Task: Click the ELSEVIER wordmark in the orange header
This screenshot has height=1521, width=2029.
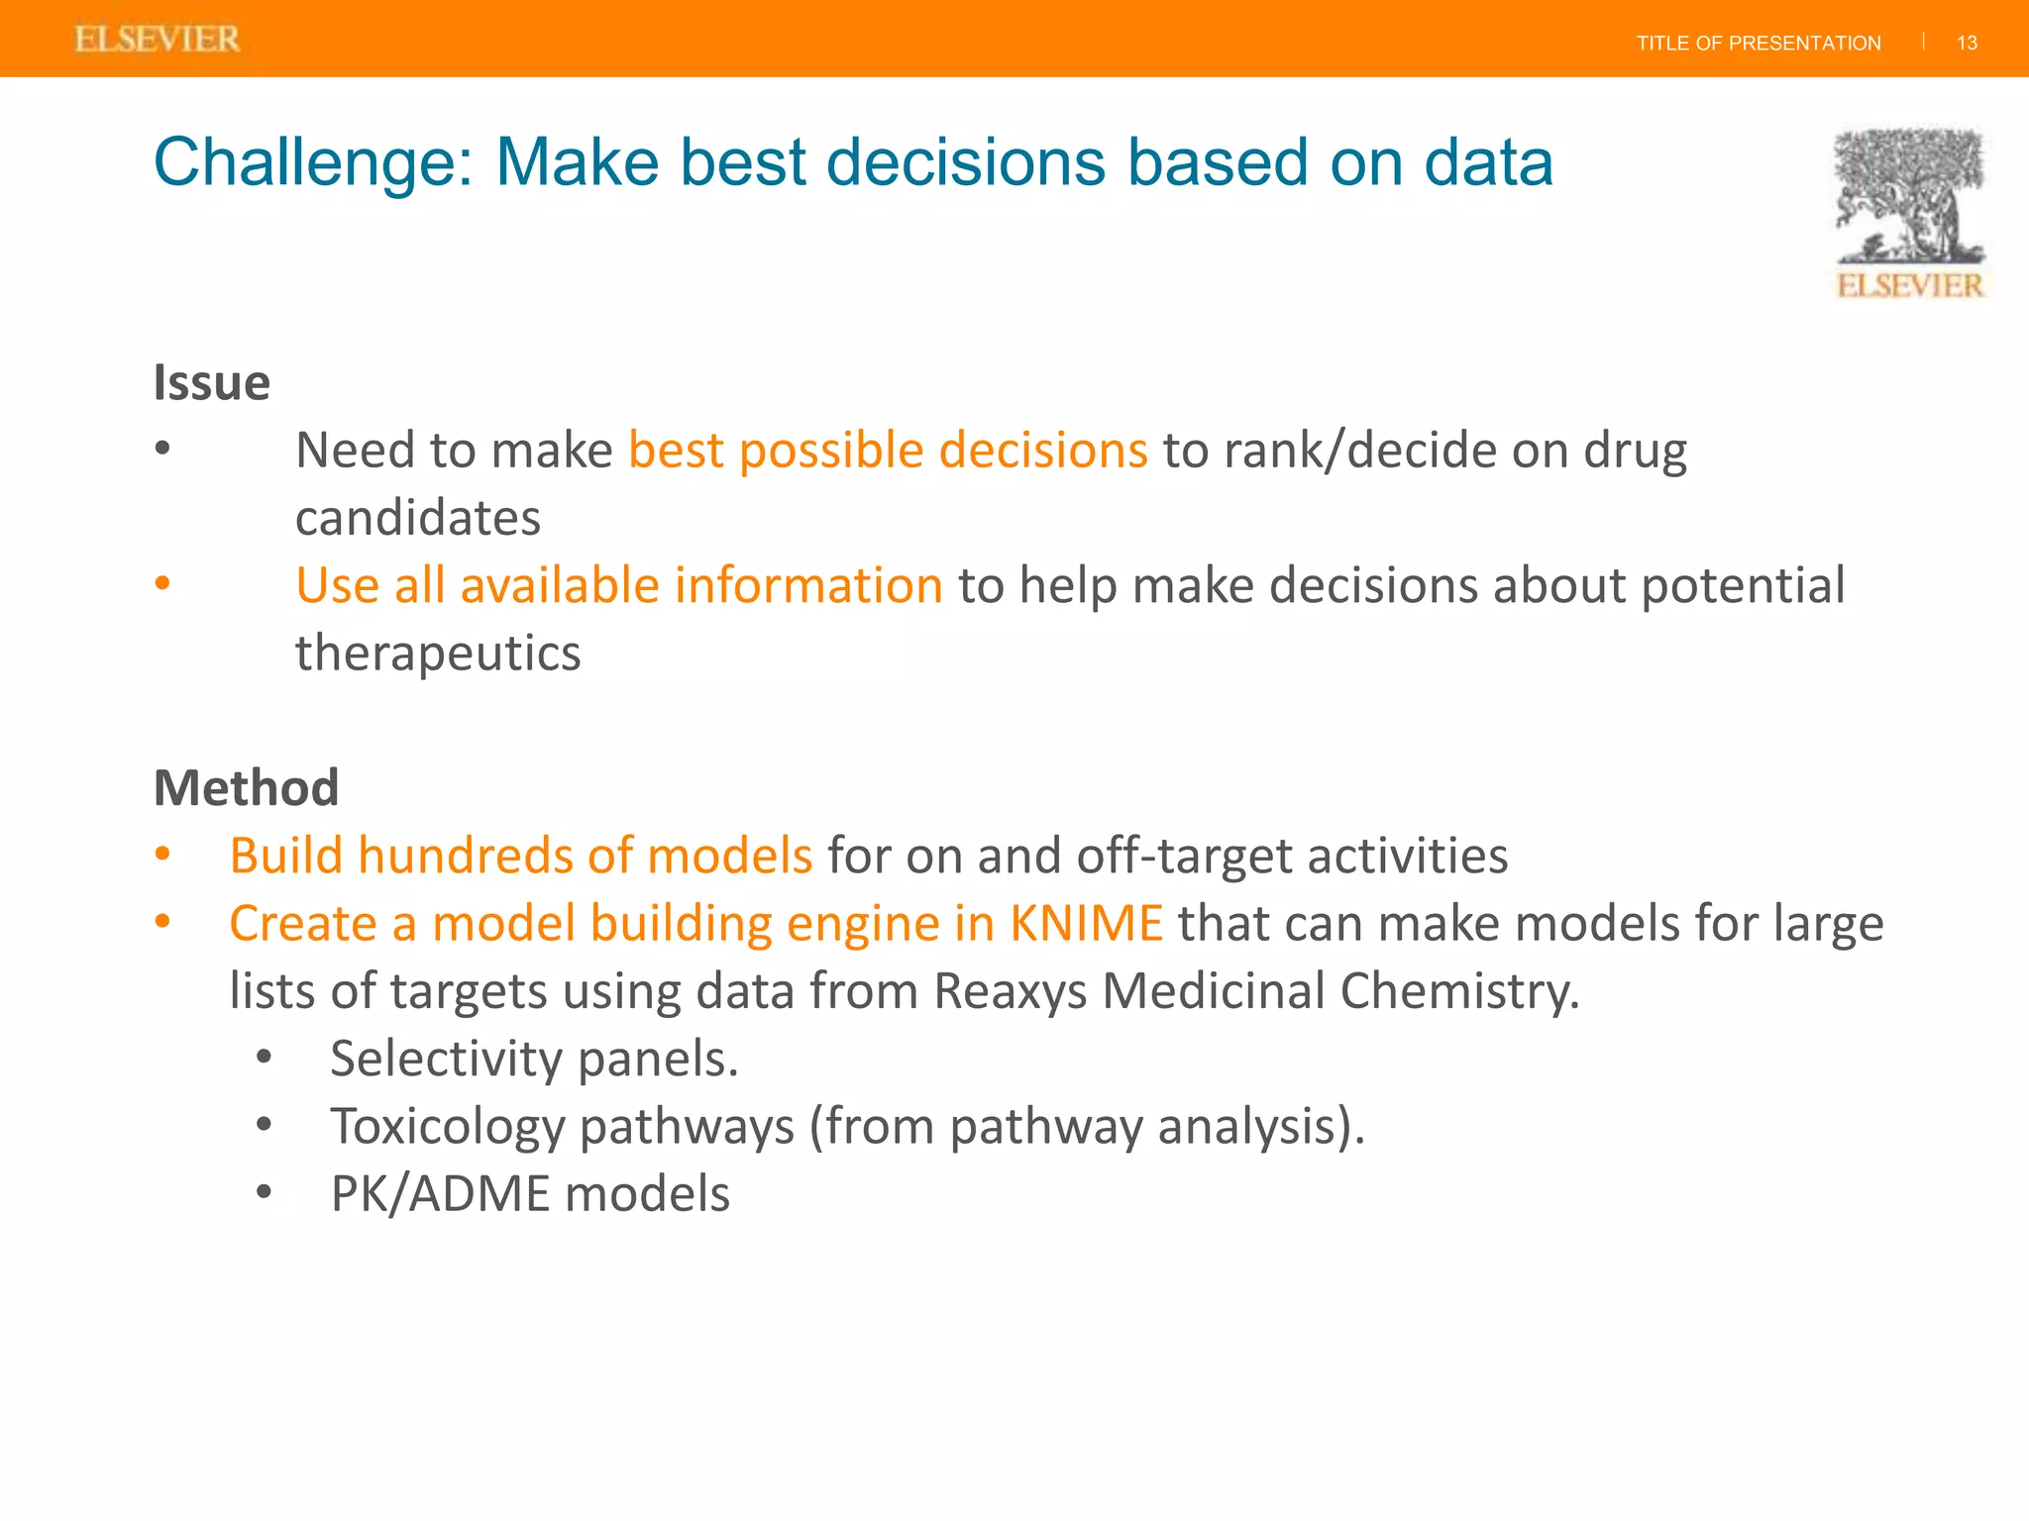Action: (157, 40)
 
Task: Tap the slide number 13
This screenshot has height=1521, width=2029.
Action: (1967, 44)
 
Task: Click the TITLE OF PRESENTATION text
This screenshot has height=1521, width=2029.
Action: (1758, 44)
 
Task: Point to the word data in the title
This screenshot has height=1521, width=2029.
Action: (1487, 163)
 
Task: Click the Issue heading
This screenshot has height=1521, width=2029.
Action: (211, 383)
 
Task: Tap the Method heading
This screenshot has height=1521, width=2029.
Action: (246, 788)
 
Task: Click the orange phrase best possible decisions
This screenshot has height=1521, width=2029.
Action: (888, 451)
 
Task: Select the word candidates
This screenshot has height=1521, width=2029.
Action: (417, 518)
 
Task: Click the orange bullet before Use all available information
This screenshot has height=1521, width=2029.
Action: (163, 583)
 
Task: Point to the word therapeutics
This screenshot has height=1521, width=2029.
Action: (437, 654)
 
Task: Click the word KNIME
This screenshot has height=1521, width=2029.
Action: (1086, 923)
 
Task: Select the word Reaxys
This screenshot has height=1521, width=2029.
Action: (1010, 991)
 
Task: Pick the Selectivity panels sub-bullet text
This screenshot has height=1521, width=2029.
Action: (534, 1059)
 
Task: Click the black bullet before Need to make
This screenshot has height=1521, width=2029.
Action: (163, 449)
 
